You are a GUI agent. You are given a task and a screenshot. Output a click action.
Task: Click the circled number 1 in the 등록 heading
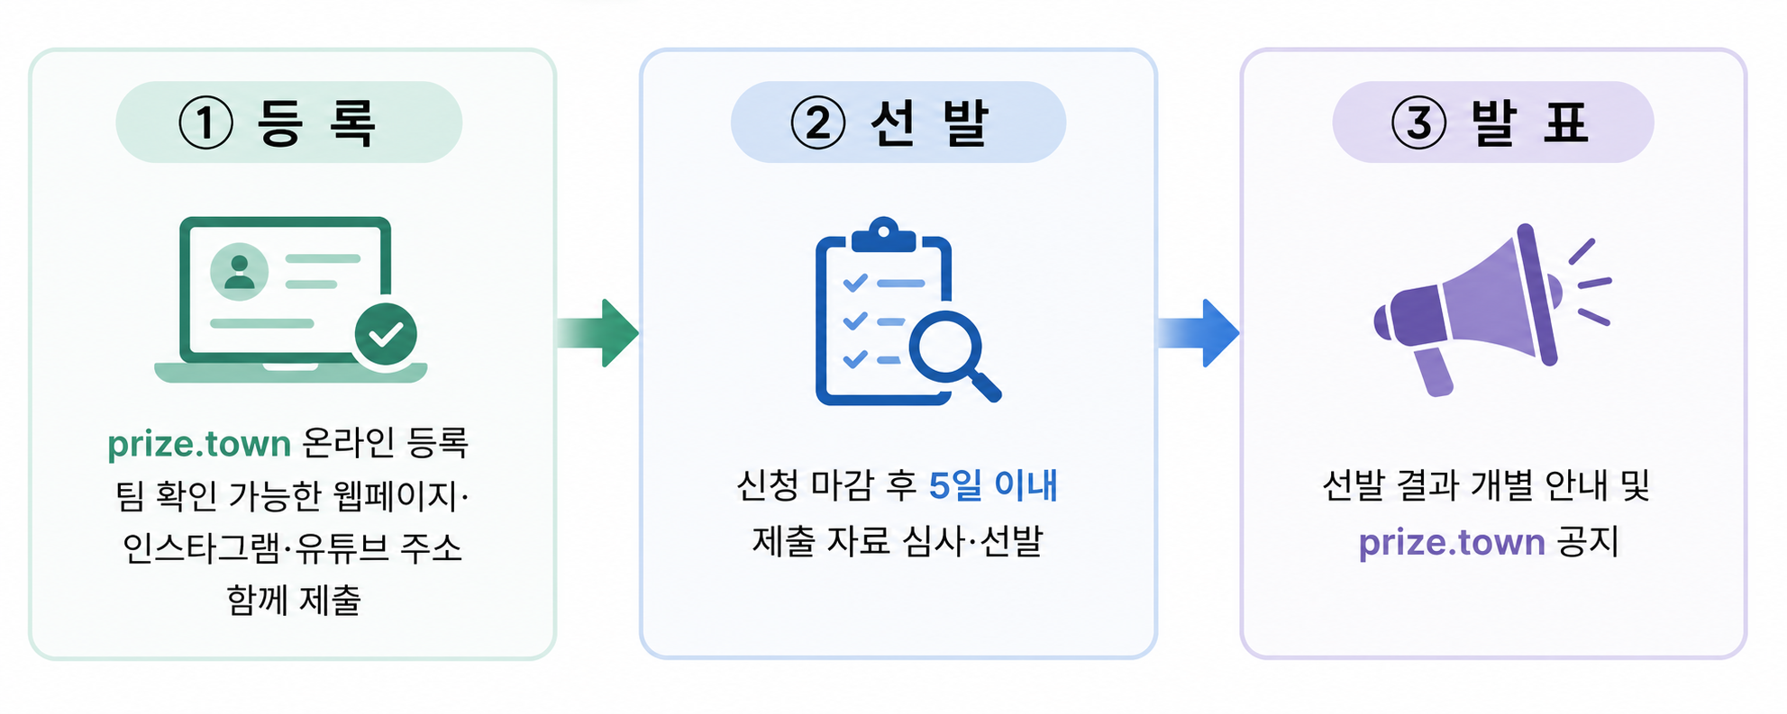(205, 123)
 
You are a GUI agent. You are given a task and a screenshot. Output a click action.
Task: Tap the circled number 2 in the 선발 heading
(818, 123)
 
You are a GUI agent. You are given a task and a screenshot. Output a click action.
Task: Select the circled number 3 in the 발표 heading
(1419, 123)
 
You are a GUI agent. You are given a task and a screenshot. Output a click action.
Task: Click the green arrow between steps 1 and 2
(597, 333)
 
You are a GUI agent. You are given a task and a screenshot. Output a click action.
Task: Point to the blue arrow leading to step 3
(1199, 333)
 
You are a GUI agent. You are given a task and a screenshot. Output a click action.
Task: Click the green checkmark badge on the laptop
(386, 335)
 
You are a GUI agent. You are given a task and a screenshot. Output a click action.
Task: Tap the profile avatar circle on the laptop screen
(239, 271)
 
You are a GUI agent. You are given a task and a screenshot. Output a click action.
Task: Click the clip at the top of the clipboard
(883, 234)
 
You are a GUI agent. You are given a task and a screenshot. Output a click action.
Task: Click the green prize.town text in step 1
(199, 445)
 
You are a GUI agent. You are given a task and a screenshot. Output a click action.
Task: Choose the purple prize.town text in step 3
(1452, 544)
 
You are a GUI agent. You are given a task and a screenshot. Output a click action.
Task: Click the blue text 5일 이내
(993, 486)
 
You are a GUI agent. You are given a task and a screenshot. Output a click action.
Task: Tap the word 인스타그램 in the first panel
(203, 547)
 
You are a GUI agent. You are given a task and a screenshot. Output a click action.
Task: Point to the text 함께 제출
(294, 600)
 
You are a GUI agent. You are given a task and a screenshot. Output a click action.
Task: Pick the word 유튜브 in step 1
(342, 547)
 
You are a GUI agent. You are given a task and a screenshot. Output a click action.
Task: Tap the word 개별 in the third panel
(1501, 485)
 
